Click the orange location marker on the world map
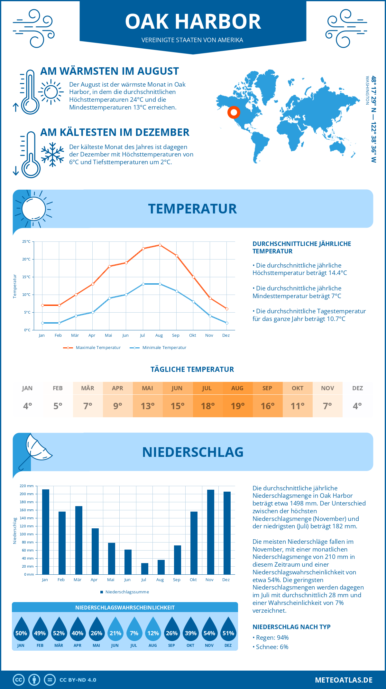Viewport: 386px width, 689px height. coord(234,112)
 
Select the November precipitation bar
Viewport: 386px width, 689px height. coord(210,532)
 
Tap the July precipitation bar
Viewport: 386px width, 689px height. coord(144,569)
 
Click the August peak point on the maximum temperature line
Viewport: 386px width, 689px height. coord(160,245)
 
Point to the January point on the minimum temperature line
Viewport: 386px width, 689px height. coord(42,323)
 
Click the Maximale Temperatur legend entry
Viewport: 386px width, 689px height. coord(92,348)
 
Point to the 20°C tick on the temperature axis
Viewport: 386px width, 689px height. coord(27,259)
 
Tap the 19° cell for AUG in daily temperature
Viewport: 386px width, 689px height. coord(237,406)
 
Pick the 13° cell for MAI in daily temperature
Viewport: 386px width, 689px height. coord(148,406)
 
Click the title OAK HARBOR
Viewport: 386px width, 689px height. coord(193,22)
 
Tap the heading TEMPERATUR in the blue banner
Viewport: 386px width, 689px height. coord(192,209)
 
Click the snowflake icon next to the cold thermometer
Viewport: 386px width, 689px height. coord(52,155)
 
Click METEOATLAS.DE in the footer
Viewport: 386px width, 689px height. coord(344,680)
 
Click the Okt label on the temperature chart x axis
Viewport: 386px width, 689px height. coord(192,335)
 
